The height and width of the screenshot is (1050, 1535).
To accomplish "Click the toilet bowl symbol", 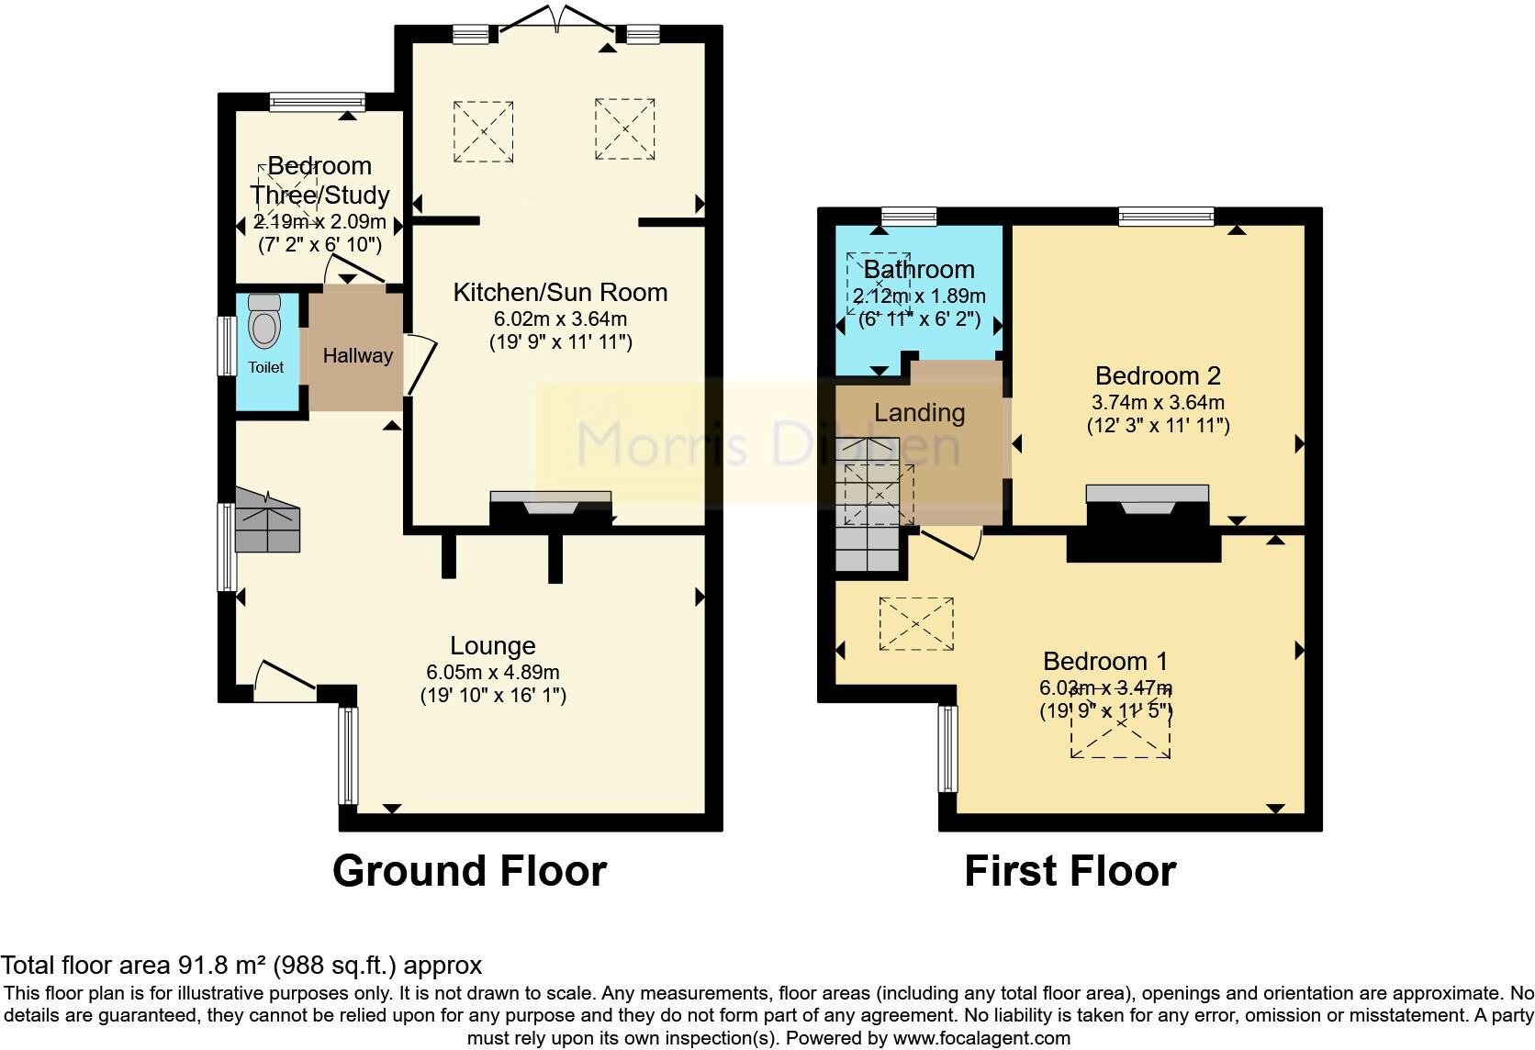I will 264,323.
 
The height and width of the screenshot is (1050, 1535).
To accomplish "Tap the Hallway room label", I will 357,355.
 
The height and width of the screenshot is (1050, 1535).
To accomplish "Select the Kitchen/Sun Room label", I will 560,293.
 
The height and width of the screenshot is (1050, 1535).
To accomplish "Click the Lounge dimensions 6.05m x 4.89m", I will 493,672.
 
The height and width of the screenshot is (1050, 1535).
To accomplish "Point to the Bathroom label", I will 919,270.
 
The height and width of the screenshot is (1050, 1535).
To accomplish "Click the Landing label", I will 919,413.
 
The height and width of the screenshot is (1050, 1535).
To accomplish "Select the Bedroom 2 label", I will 1158,375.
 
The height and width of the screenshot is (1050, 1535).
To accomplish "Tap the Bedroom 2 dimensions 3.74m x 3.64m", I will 1158,402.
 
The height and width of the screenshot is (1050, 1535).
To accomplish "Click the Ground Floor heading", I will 469,871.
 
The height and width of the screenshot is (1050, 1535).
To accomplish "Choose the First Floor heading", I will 1070,871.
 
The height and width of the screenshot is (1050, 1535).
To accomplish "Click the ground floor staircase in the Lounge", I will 267,522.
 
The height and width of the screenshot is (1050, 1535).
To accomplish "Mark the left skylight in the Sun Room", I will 483,132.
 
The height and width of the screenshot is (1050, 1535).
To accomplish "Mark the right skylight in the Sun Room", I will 624,129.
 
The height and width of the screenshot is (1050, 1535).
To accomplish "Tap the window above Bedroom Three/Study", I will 318,102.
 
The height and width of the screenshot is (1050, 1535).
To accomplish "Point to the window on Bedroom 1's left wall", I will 947,748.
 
